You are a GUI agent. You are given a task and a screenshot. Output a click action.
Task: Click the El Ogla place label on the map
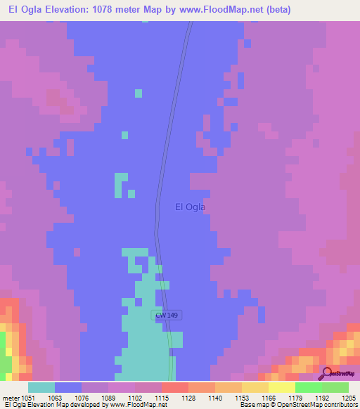point(189,207)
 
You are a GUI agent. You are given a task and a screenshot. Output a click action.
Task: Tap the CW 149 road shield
point(167,316)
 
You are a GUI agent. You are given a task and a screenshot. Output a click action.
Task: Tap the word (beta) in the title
point(275,9)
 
